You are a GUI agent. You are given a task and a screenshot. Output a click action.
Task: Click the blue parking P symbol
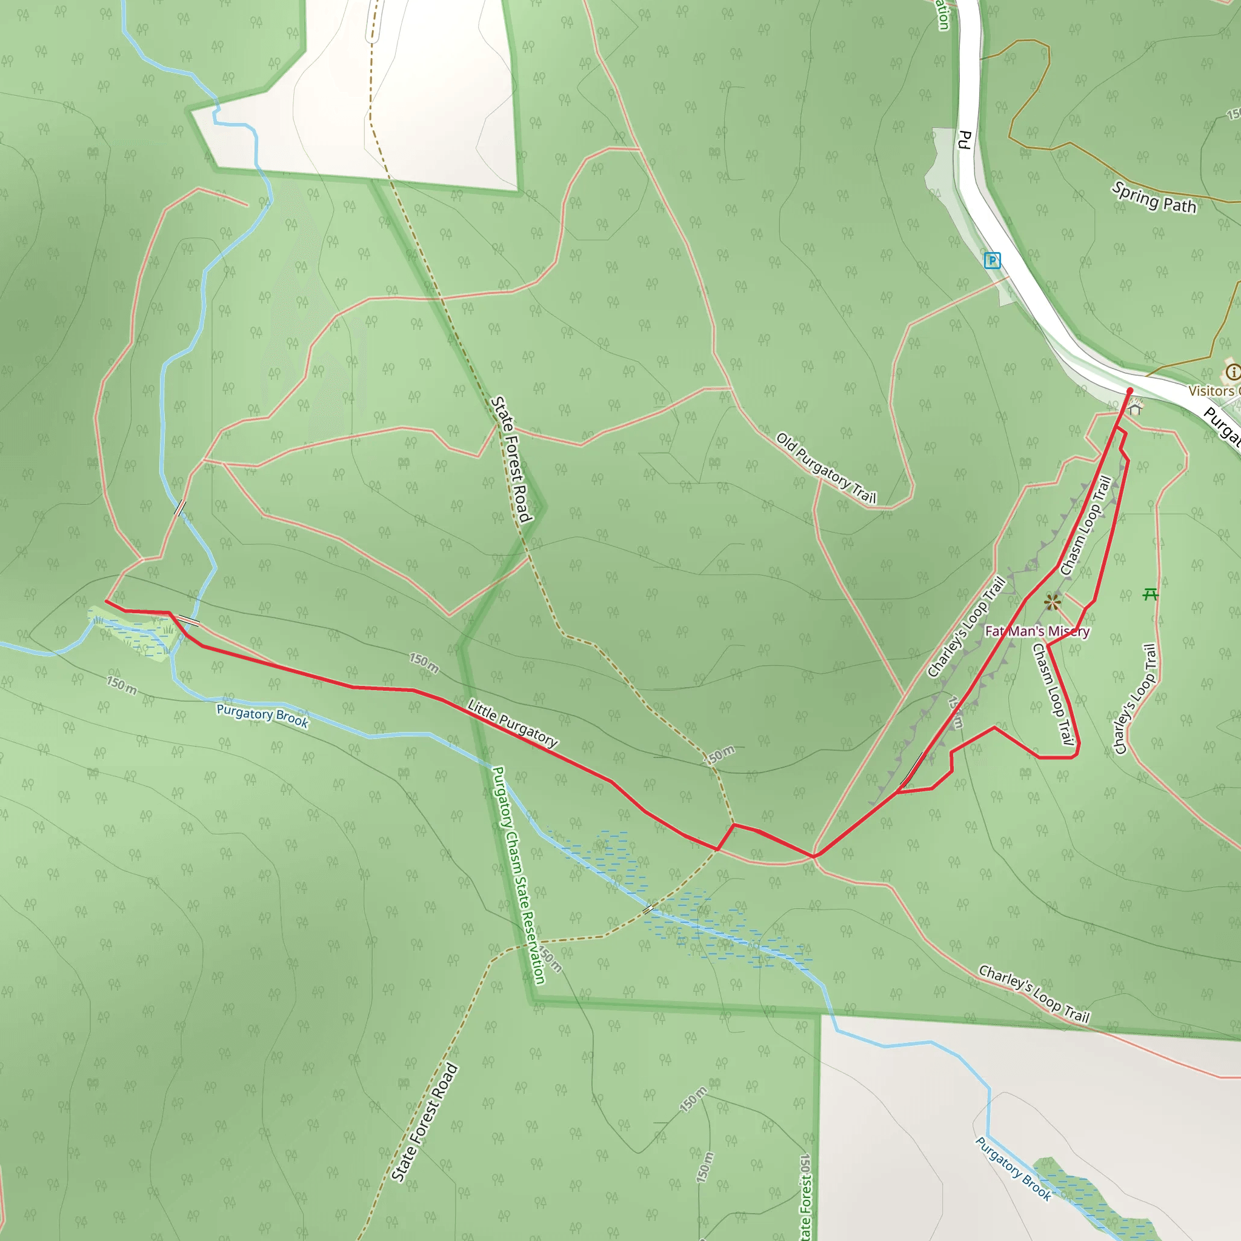coord(992,260)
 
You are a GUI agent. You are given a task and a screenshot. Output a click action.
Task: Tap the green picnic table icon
coord(1151,594)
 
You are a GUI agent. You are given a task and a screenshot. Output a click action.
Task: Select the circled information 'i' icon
coord(1232,371)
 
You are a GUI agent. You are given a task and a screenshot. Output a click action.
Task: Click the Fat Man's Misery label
coord(1037,631)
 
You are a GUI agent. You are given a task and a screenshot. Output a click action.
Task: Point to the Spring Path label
coord(1154,197)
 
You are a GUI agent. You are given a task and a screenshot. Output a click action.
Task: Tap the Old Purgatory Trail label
coord(826,468)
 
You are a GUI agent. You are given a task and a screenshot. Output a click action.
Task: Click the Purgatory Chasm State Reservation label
coord(518,874)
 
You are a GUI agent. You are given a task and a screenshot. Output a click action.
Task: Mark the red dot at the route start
coord(1130,391)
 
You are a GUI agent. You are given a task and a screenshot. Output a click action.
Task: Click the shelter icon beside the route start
coord(1136,407)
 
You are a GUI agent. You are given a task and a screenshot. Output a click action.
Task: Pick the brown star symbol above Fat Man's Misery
coord(1052,602)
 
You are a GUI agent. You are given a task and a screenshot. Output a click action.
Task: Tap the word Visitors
coord(1211,391)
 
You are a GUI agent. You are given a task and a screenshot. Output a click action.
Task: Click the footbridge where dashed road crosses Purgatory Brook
coord(649,908)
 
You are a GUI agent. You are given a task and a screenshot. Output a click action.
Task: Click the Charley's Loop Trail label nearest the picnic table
coord(1136,698)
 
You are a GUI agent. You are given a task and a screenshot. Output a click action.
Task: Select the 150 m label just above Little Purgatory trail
coord(424,664)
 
